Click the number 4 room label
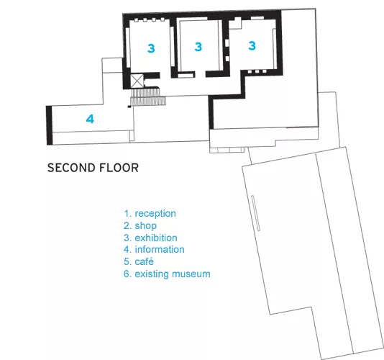[90, 119]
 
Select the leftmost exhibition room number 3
[151, 48]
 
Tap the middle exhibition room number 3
[198, 47]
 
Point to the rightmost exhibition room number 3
[252, 45]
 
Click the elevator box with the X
[137, 81]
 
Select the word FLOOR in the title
[119, 168]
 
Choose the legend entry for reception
[150, 213]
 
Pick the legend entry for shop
[140, 225]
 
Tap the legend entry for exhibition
[150, 238]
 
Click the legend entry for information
[154, 249]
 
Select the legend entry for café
[139, 261]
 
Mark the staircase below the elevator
[147, 97]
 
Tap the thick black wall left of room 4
[49, 125]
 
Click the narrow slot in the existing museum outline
[256, 213]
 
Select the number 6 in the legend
[127, 274]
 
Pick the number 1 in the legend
[127, 213]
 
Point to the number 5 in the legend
[127, 261]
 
